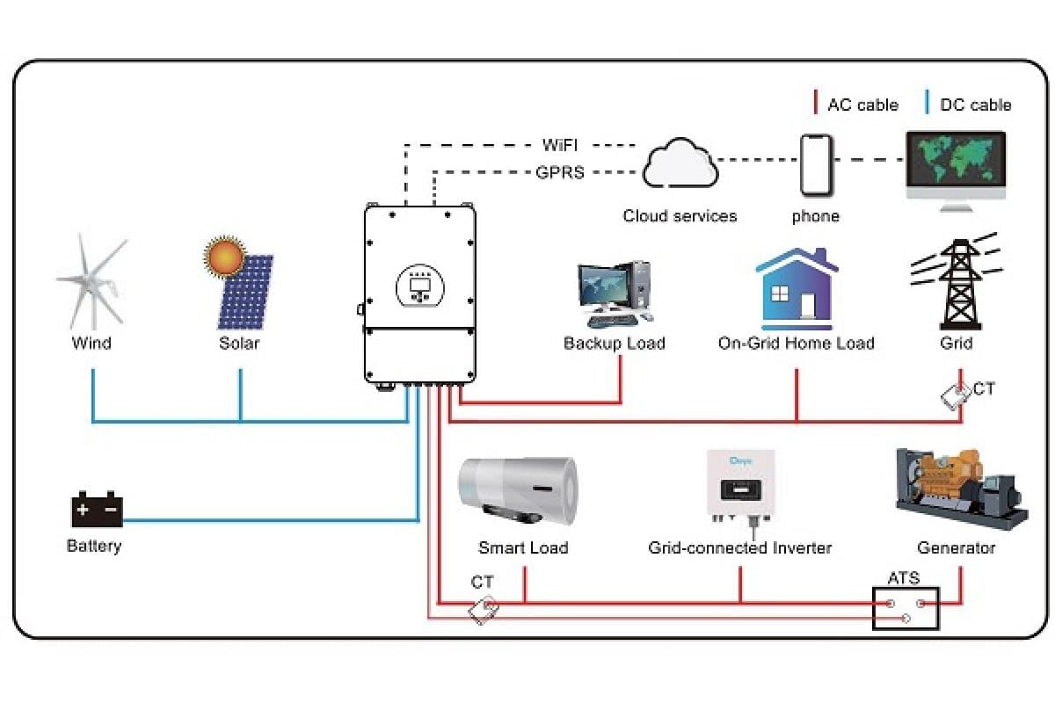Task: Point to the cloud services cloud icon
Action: pos(680,165)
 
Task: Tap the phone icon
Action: pos(816,165)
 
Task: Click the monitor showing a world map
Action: pos(956,167)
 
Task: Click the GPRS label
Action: pos(559,172)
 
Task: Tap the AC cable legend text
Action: pos(862,105)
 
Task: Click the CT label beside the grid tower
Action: pos(984,388)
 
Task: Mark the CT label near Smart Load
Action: pos(482,582)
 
